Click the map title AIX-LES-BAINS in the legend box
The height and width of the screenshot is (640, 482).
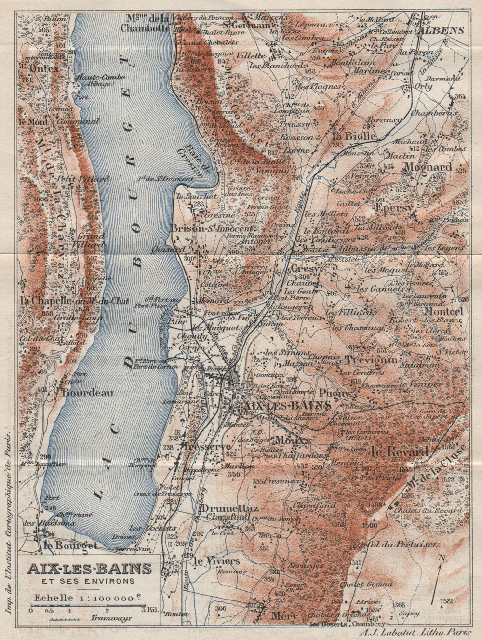[89, 569]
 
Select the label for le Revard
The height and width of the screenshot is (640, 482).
[399, 452]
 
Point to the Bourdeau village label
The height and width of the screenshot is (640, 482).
[87, 393]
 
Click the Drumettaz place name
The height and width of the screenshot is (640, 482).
[230, 508]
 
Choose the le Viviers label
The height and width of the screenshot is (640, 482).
[216, 561]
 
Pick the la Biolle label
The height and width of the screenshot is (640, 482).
[354, 136]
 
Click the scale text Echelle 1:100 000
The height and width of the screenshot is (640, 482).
[87, 597]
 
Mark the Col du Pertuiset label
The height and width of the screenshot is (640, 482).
[402, 544]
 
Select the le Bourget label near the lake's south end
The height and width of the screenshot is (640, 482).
[70, 545]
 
